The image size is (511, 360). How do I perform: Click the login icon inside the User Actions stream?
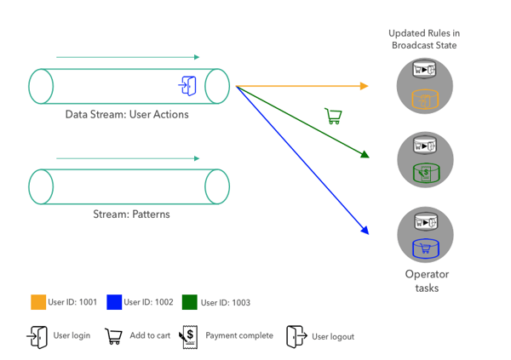coord(188,85)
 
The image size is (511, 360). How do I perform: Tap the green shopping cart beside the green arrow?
coord(333,117)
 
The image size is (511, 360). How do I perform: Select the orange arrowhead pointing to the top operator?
coord(365,86)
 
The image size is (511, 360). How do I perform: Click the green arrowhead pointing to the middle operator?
coord(365,154)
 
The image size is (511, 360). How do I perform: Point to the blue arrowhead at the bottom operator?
coord(364,229)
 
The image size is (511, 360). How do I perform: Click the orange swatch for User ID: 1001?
coord(37,301)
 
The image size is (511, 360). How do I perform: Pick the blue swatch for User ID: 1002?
coord(112,301)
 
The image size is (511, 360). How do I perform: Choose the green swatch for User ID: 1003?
coord(188,301)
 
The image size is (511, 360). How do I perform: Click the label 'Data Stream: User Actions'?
coord(127,114)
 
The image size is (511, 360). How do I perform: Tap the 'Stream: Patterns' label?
coord(131,214)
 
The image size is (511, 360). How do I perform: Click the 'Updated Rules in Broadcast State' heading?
coord(424,38)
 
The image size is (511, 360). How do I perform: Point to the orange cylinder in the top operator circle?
coord(424,100)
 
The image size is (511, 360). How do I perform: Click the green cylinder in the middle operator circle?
coord(424,173)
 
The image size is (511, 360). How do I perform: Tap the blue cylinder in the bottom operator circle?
coord(424,248)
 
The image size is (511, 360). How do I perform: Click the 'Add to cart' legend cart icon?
coord(112,335)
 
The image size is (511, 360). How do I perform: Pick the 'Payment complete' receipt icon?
coord(188,335)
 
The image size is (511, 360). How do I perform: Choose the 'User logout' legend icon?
coord(296,335)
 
